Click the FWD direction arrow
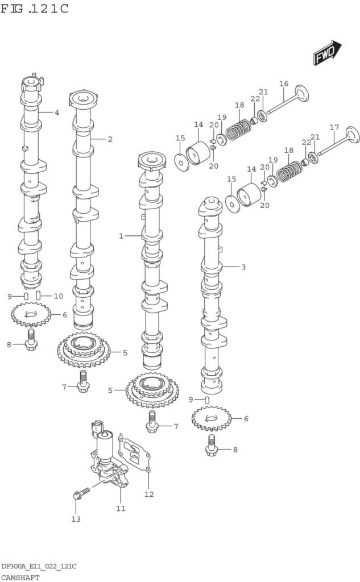pos(326,52)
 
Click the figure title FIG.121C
pos(35,9)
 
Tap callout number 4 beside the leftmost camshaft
pos(57,113)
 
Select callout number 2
pos(110,139)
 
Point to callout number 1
pos(121,236)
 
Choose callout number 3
pos(243,267)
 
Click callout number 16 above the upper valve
pos(284,84)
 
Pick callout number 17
pos(334,127)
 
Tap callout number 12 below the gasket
pos(149,494)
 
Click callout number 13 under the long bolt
pos(76,519)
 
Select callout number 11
pos(121,508)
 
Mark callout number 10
pos(58,296)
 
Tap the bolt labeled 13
pos(82,492)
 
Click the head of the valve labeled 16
pos(301,93)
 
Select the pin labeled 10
pos(38,296)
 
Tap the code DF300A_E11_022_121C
pos(39,567)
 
